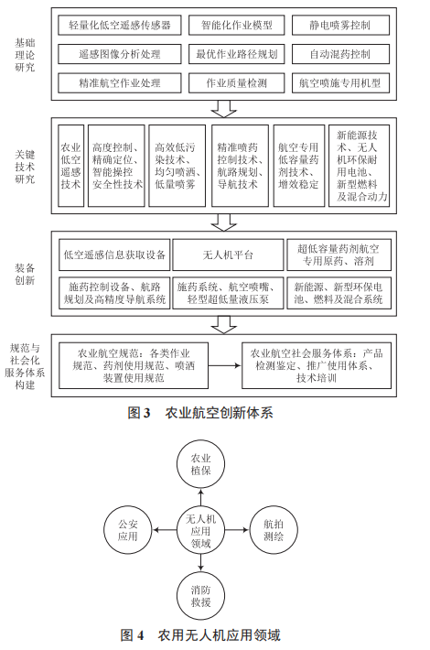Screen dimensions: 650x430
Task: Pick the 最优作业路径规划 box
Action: point(236,54)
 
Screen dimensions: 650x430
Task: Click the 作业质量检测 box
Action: point(236,82)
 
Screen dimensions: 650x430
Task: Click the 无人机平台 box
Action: point(225,255)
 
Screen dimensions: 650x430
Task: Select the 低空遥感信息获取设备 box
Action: point(113,255)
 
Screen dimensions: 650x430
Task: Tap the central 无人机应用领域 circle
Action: point(199,530)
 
